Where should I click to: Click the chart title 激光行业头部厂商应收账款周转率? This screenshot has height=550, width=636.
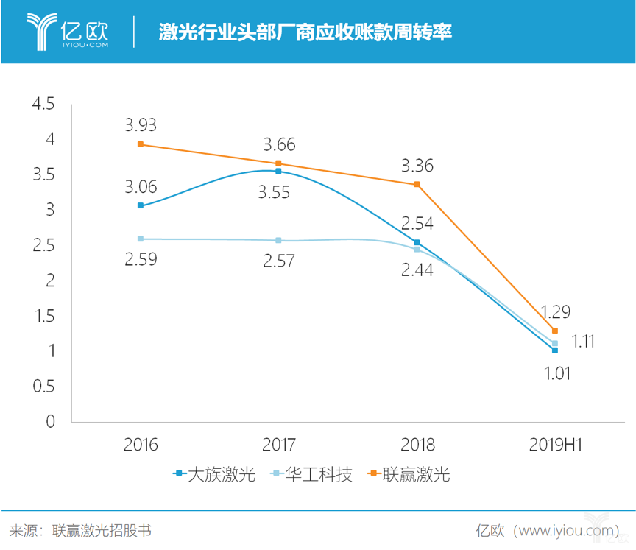click(305, 32)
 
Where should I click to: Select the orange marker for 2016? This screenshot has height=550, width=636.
click(141, 144)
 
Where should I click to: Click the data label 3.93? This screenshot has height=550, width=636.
click(140, 125)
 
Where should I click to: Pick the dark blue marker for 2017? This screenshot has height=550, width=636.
click(278, 171)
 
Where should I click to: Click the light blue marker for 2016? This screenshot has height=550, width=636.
click(141, 239)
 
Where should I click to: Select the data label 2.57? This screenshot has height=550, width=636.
click(278, 261)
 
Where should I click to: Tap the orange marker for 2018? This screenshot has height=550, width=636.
click(417, 184)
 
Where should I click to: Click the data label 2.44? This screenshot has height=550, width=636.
click(417, 270)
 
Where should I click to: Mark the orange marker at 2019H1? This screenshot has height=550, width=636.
click(555, 331)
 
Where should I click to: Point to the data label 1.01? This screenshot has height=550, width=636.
click(555, 373)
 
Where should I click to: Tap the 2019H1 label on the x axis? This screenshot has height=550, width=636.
click(555, 445)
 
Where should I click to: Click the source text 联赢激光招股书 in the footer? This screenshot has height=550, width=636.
click(102, 530)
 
